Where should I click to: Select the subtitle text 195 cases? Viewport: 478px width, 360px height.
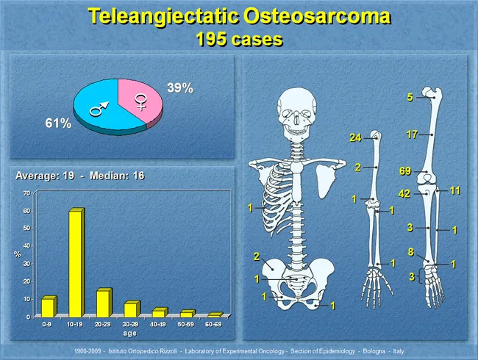tap(239, 40)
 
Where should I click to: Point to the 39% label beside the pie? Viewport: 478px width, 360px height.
tap(179, 88)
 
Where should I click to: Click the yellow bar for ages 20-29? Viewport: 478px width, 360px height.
tap(102, 303)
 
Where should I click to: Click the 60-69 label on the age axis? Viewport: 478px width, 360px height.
tap(215, 323)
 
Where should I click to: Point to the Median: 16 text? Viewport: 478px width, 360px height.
tap(114, 176)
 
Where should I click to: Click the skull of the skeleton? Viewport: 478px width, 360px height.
tap(298, 108)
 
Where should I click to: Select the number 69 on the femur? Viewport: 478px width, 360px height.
tap(404, 170)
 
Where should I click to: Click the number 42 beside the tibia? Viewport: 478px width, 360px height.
tap(404, 194)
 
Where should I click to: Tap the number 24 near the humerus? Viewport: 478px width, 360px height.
tap(356, 138)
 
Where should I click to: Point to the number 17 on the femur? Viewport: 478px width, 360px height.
tap(413, 134)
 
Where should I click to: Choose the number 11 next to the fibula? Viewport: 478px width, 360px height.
tap(454, 191)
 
